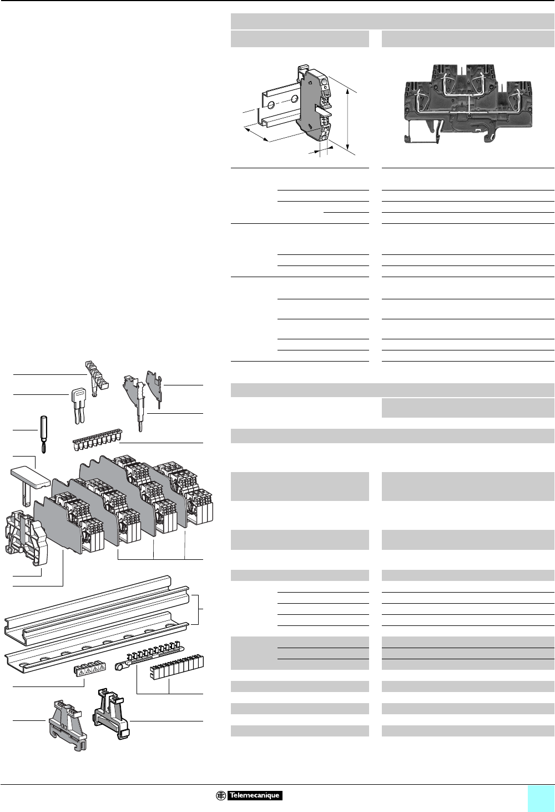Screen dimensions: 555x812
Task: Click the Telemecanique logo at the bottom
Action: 249,795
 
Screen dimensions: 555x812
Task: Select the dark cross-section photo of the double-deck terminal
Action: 467,104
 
